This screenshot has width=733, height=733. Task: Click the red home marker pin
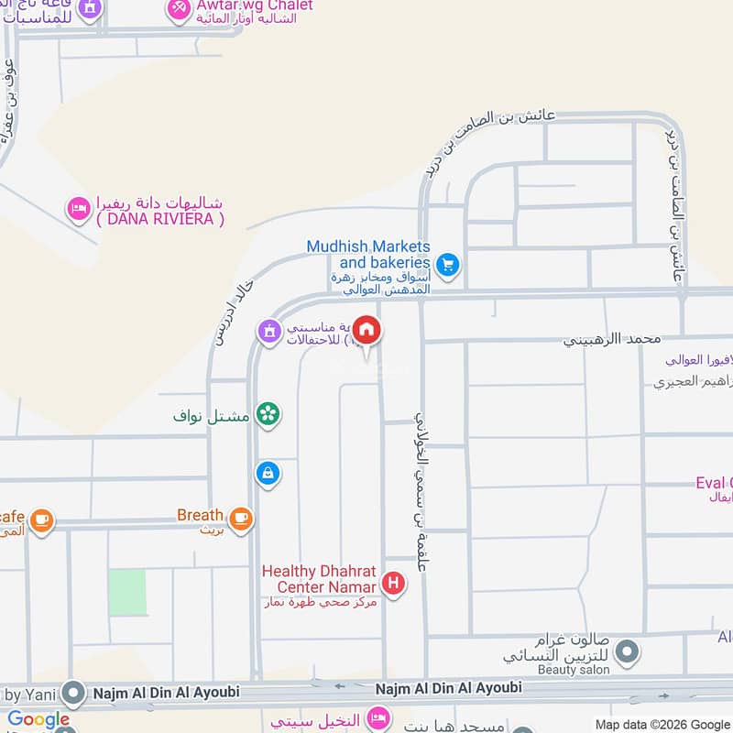(366, 331)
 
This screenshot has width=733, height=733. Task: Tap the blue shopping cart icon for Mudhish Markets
(447, 266)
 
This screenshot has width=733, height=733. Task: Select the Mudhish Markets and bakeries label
(368, 255)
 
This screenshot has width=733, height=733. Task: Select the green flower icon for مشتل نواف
(268, 414)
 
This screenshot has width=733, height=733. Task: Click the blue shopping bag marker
(268, 473)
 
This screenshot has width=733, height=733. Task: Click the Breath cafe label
(200, 516)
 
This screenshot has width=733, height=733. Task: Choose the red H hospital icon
(394, 582)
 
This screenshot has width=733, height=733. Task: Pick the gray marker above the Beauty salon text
(627, 652)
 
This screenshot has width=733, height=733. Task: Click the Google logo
(38, 720)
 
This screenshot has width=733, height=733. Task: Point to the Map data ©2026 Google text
(662, 724)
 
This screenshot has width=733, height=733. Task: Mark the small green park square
(127, 592)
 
